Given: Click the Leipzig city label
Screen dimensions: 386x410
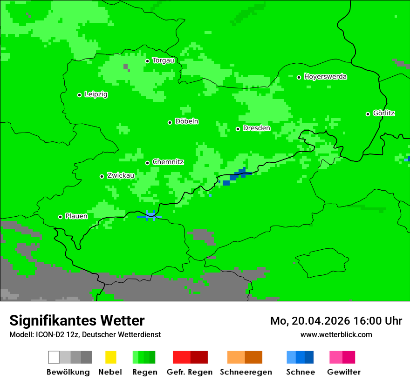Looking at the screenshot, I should [96, 94].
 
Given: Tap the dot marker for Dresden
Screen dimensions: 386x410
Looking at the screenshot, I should [238, 129].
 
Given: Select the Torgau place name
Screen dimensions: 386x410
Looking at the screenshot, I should [163, 60].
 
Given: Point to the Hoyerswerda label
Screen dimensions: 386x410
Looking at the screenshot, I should [325, 77].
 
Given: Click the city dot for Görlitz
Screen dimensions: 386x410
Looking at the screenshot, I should [368, 114].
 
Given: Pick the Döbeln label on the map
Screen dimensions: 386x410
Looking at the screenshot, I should [186, 121].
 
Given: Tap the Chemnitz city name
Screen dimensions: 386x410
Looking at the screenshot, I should [168, 162].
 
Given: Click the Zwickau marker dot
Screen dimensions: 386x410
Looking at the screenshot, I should [102, 176].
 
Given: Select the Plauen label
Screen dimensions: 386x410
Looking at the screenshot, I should [76, 216].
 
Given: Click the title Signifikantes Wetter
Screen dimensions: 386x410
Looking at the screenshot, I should [77, 320].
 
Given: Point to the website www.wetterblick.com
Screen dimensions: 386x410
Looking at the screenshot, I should [336, 334].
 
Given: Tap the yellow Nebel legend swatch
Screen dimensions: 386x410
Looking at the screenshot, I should [110, 357].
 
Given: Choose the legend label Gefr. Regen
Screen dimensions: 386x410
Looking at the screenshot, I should [190, 372].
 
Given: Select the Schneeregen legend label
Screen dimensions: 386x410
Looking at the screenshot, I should [246, 372].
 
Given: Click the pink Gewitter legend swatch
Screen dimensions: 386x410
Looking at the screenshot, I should [336, 357].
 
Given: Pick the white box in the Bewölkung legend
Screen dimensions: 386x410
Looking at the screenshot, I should [54, 357].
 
